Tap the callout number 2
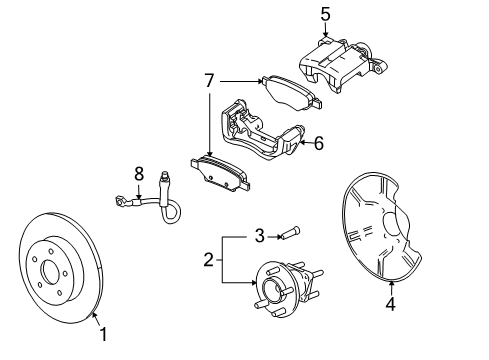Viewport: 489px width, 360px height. click(x=208, y=261)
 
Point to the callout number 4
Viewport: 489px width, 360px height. click(x=391, y=305)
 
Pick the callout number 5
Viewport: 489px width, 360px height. click(x=325, y=14)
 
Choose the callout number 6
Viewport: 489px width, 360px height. click(x=318, y=143)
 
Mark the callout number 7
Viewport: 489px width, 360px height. click(x=208, y=80)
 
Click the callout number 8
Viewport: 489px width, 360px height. click(x=140, y=173)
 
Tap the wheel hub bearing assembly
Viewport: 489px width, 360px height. click(x=277, y=290)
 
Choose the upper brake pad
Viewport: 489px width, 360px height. click(x=290, y=93)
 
